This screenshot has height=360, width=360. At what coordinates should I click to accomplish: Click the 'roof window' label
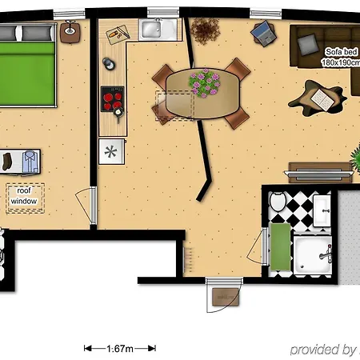point(24,196)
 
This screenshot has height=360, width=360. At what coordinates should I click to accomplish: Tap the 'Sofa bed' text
point(341,52)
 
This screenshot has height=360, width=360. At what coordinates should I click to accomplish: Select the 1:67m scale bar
point(120,348)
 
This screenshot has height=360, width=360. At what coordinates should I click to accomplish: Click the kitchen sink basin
point(151,30)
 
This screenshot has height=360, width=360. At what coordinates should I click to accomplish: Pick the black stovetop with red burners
point(112,98)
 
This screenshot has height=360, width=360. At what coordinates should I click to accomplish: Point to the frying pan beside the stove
point(118,114)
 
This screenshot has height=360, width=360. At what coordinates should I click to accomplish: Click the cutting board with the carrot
point(118,34)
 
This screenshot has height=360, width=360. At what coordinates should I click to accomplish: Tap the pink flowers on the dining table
point(205,82)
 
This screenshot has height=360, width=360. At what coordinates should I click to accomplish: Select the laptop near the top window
point(264,33)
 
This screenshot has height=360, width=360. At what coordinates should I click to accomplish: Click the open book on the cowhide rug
point(322,100)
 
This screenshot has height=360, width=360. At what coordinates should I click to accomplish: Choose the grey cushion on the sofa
point(308,45)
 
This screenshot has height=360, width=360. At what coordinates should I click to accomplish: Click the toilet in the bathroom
point(278,201)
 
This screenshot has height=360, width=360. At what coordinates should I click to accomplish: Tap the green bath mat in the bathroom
point(280,247)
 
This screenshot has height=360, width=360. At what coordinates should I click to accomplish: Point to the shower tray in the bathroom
point(313,254)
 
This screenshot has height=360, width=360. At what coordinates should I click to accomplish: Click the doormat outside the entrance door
point(226,297)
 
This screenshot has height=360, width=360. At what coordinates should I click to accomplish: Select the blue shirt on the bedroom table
point(30,162)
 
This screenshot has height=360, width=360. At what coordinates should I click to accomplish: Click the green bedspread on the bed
point(27,74)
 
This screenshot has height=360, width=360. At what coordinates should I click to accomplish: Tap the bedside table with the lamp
point(70,32)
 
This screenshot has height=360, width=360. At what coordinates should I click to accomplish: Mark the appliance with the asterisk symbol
point(111,151)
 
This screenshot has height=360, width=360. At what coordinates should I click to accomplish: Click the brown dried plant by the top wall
point(205,30)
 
